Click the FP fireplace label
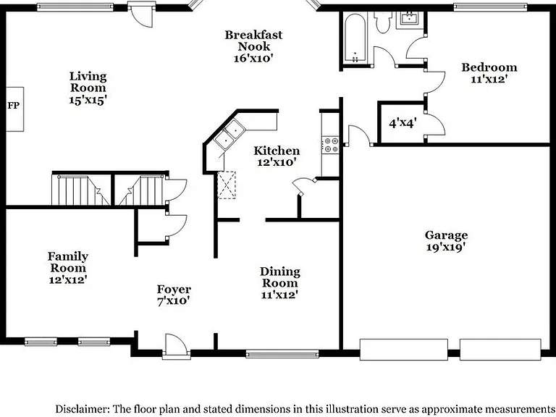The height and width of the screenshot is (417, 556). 13,105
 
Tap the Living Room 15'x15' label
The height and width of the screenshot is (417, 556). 88,88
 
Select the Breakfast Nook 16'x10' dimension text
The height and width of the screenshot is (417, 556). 253,58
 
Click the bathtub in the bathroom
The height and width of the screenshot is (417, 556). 355,38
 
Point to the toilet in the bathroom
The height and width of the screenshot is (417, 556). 383,22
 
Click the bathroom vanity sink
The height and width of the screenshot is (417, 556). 410,18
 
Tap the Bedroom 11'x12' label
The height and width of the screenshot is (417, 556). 489,72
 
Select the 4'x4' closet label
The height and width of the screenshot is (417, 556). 403,123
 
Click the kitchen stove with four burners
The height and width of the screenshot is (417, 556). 331,145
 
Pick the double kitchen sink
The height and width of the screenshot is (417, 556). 229,134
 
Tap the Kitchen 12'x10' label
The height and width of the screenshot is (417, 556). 277,156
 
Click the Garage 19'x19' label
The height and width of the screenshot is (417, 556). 446,241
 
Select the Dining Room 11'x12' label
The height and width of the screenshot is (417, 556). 279,283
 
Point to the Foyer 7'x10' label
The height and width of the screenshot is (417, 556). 174,295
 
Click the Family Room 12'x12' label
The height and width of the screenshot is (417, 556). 68,268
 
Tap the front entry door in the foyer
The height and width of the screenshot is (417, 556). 176,346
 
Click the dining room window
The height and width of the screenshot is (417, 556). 282,353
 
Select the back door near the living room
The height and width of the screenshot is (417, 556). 142,14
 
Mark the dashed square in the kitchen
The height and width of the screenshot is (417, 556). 226,185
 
